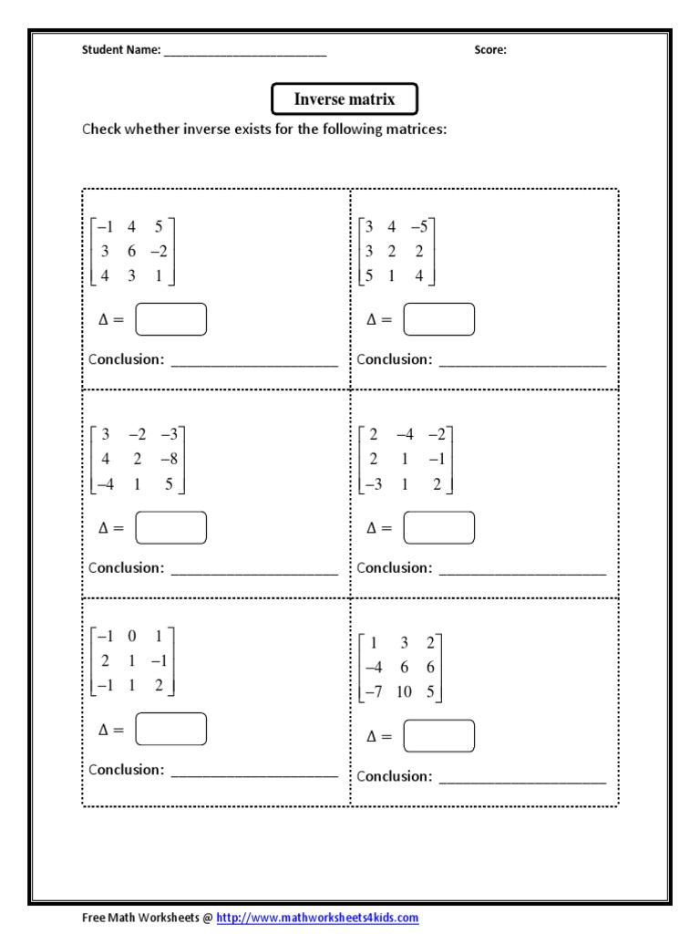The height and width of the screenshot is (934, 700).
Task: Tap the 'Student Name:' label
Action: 121,50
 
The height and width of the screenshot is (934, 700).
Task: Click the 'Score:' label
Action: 490,50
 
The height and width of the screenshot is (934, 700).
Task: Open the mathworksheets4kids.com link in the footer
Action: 317,918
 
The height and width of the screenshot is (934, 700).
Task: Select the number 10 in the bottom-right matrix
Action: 404,691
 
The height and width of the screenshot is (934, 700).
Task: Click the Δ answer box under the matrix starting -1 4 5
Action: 170,319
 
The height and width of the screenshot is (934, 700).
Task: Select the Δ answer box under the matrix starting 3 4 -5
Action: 439,319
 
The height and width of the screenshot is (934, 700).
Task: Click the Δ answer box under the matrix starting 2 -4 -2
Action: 439,527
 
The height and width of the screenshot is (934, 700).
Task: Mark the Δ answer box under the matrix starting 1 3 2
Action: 439,736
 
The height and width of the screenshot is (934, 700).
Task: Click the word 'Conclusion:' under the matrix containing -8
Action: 126,567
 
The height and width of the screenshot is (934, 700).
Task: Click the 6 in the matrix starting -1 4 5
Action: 132,252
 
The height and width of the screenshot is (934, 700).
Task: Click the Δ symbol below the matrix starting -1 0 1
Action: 104,730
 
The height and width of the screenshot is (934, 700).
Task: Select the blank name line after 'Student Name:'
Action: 244,52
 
